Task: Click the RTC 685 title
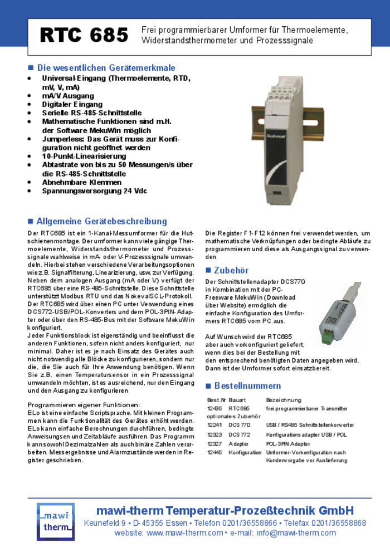click(84, 36)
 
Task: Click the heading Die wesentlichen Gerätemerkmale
click(106, 68)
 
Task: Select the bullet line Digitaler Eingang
click(72, 104)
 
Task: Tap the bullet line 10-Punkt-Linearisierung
click(84, 157)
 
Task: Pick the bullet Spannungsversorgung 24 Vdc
click(95, 190)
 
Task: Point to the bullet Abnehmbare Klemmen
click(82, 182)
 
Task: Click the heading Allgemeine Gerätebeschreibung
click(101, 221)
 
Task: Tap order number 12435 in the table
click(214, 408)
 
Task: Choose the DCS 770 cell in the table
click(240, 425)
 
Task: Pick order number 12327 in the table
click(214, 443)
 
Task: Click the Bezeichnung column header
click(283, 400)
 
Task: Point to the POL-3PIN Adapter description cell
click(288, 443)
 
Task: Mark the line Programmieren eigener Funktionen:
click(84, 404)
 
